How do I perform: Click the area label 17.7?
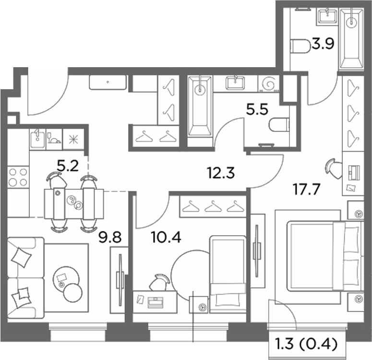tap(307, 189)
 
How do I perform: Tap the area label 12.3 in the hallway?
tap(221, 172)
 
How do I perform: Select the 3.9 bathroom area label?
tap(323, 43)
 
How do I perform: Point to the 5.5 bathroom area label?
tap(257, 109)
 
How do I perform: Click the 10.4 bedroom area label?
tap(166, 237)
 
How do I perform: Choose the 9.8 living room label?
tap(110, 237)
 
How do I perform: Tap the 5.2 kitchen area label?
tap(68, 166)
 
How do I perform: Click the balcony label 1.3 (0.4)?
tap(307, 344)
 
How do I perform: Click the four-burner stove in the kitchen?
tap(18, 177)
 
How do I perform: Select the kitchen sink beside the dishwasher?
tap(37, 139)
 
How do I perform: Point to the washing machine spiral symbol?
tap(269, 84)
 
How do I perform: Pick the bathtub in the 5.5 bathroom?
tap(200, 106)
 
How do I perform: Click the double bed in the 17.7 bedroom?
tap(325, 256)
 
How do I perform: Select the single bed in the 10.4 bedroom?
tap(228, 274)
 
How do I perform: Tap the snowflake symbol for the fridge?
tap(73, 139)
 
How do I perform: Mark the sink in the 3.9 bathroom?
tap(327, 16)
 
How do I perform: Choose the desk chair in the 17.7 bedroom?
tap(333, 168)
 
